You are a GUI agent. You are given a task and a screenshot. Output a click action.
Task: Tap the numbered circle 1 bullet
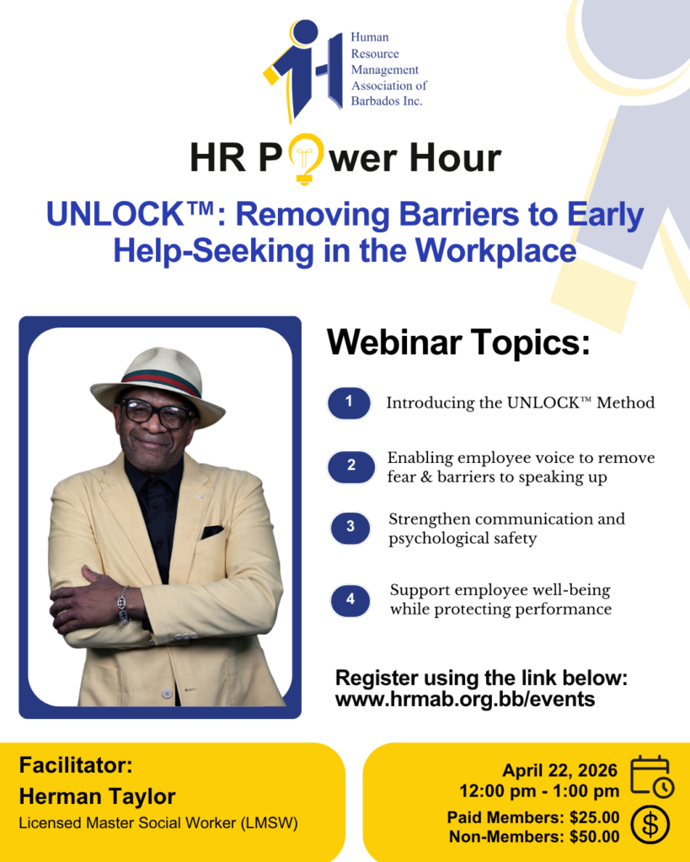click(x=349, y=403)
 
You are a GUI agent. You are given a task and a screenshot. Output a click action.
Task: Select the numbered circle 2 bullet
click(x=351, y=466)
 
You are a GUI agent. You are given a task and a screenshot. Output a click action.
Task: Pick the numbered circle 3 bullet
click(x=350, y=528)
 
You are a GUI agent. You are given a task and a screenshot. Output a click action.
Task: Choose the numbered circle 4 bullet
click(x=350, y=600)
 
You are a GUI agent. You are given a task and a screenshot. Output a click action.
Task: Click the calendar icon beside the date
click(x=652, y=776)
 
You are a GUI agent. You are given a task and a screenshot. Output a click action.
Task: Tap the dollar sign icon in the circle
click(x=650, y=825)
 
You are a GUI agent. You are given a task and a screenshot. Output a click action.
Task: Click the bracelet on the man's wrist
click(x=123, y=604)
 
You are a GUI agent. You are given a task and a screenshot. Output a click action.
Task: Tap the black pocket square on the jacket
click(x=212, y=532)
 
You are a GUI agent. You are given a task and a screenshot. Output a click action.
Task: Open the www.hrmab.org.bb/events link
click(x=465, y=700)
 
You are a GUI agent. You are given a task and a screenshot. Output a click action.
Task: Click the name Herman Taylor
click(x=98, y=796)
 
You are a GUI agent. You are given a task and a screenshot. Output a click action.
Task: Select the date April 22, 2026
click(x=560, y=770)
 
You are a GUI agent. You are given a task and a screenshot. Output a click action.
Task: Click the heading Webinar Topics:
click(x=458, y=342)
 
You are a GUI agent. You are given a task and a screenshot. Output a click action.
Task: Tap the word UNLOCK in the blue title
click(x=115, y=214)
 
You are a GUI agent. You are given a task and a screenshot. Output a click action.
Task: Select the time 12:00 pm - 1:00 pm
click(x=539, y=791)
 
